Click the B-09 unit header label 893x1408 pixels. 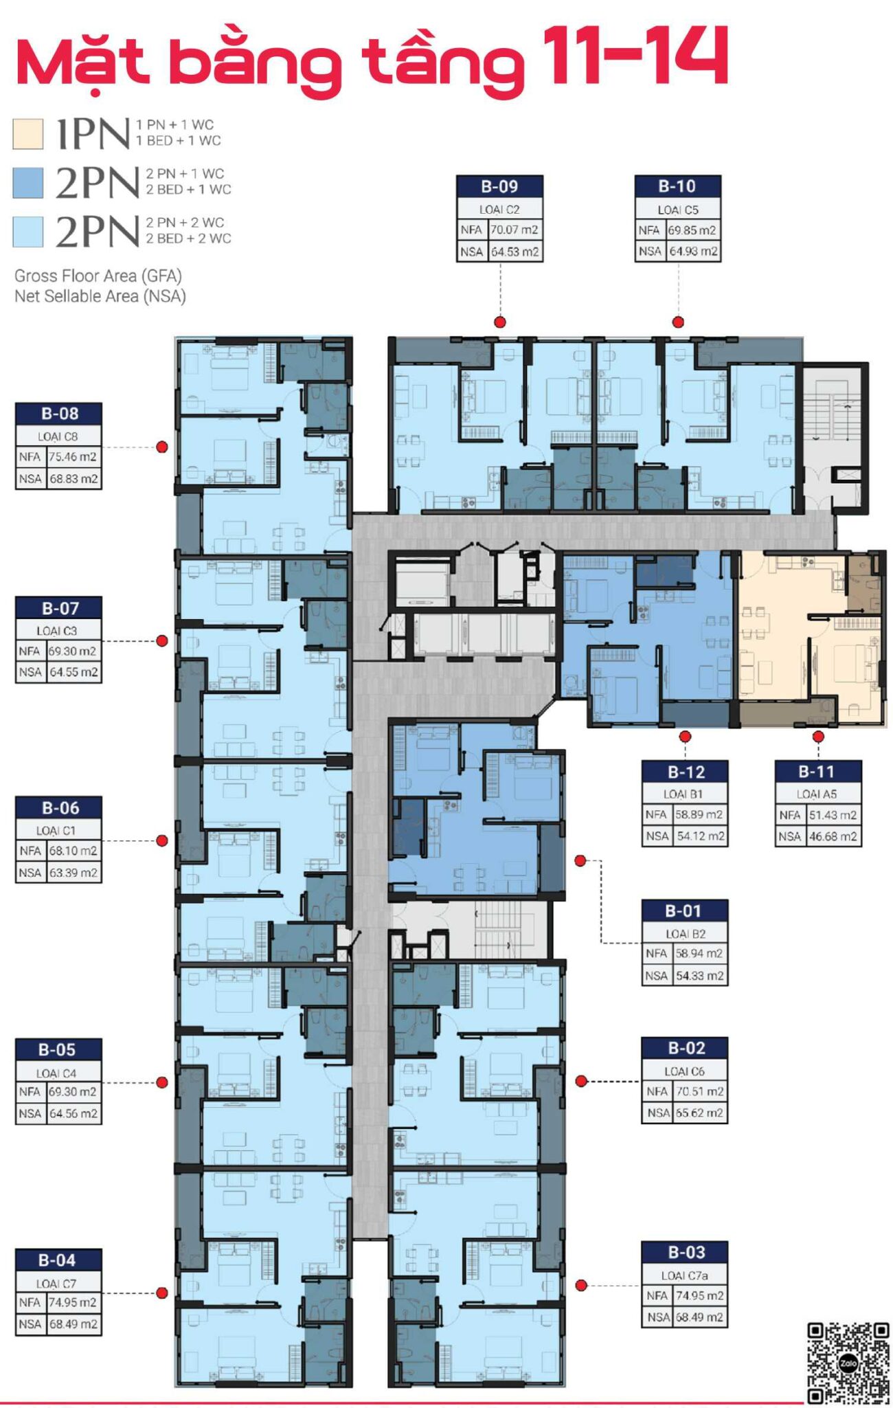[499, 186]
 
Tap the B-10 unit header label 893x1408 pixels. [677, 186]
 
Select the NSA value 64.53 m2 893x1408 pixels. [515, 252]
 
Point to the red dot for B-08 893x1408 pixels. [162, 447]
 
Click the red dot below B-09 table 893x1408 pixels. [500, 322]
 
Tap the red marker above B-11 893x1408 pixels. [818, 737]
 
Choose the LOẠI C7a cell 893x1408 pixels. [684, 1275]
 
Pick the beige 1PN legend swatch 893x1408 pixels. [28, 133]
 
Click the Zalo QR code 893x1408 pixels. [848, 1364]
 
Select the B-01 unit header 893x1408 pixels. [684, 911]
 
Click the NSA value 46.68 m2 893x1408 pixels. [833, 836]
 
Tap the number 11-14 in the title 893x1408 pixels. [635, 56]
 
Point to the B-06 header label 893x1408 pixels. [59, 808]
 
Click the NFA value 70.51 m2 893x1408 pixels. [699, 1091]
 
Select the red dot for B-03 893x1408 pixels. [581, 1285]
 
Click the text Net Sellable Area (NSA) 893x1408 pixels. [100, 296]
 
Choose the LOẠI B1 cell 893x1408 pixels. [684, 794]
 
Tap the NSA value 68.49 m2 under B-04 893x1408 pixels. [74, 1324]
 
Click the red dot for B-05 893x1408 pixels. [162, 1082]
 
